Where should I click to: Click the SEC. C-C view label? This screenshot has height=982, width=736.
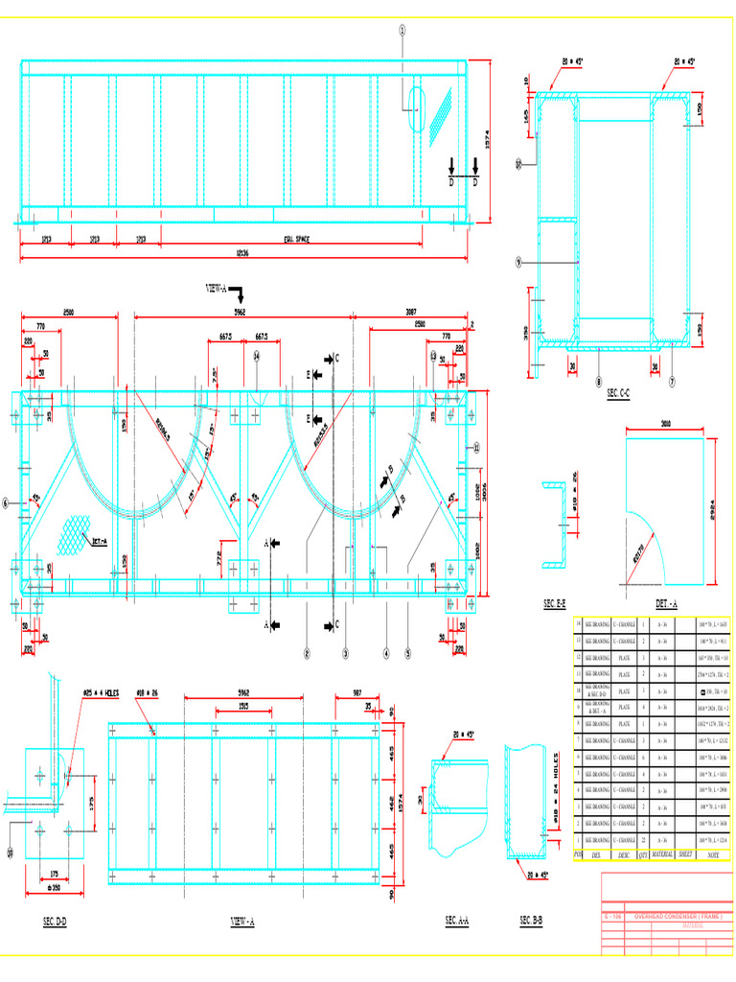click(x=618, y=393)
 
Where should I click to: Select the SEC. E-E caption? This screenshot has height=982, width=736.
click(x=555, y=603)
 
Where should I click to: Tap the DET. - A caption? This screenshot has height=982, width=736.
click(x=667, y=603)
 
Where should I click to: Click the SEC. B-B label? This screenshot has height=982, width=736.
click(x=531, y=921)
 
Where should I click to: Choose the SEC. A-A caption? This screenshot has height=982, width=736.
click(x=457, y=921)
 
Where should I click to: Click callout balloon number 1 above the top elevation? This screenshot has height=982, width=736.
click(x=402, y=30)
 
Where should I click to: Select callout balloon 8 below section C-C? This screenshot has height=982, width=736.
click(x=598, y=381)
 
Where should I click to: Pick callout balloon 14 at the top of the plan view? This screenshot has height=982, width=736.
click(x=257, y=355)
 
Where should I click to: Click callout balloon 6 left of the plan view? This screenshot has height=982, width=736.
click(x=6, y=502)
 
